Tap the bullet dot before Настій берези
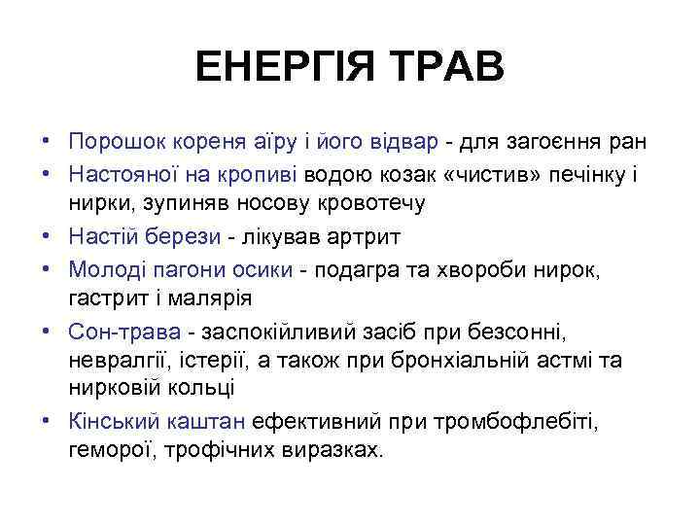[47, 237]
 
